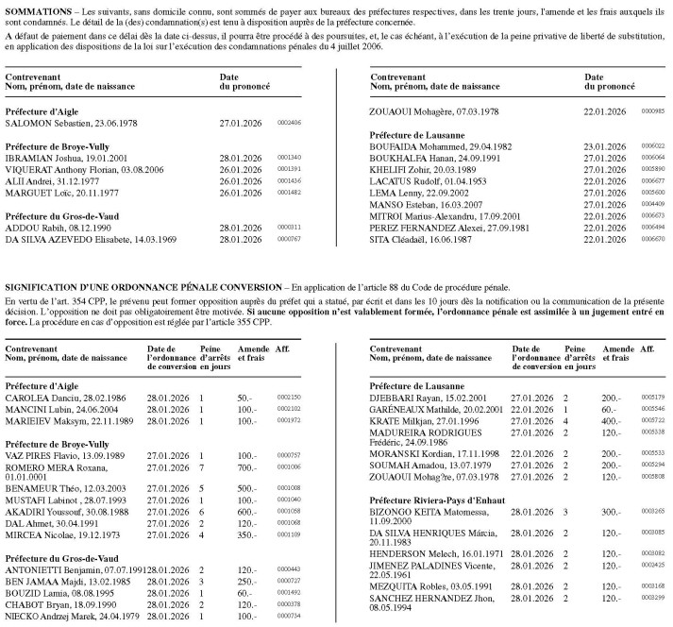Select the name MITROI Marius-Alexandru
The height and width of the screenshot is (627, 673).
point(418,214)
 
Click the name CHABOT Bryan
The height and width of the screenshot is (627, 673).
point(39,604)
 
